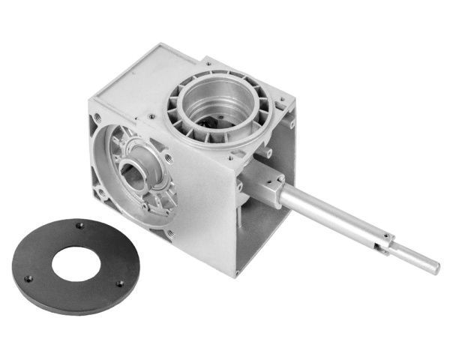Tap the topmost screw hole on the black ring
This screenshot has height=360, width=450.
(79, 225)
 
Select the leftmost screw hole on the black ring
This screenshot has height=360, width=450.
(28, 278)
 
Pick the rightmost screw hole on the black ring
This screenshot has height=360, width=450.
(119, 283)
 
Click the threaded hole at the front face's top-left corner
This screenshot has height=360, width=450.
(98, 119)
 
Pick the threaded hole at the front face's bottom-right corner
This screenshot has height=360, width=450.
(169, 234)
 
